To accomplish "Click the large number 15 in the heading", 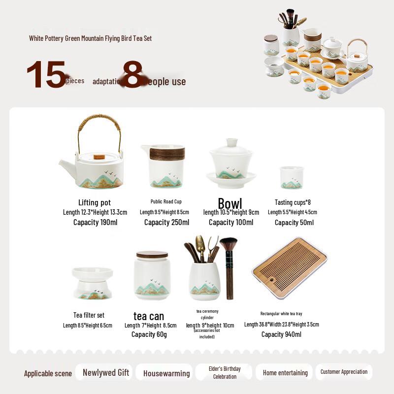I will coord(46,75).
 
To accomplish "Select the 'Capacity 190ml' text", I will coord(95,222).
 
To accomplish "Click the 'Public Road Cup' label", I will coord(166,201).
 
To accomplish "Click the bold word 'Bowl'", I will coord(230,204).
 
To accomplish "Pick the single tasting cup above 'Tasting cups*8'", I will coord(292,177).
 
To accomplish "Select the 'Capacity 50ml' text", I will coord(294,223).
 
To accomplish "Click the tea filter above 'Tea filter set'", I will coord(92,283).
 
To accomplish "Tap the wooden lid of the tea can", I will coord(152,255).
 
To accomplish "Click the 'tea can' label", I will coord(149,316).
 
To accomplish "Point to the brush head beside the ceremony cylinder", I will coord(228,245).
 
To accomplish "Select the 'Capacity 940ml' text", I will coord(281,334).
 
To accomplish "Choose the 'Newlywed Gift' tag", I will coord(106,373).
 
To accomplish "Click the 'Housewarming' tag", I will coord(166,373).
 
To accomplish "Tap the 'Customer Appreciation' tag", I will coord(344,372).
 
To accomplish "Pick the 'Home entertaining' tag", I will coord(285,373).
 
